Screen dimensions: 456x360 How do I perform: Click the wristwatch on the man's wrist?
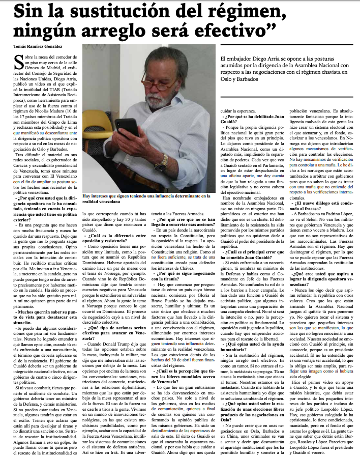point(164,163)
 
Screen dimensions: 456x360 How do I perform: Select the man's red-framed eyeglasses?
point(167,84)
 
